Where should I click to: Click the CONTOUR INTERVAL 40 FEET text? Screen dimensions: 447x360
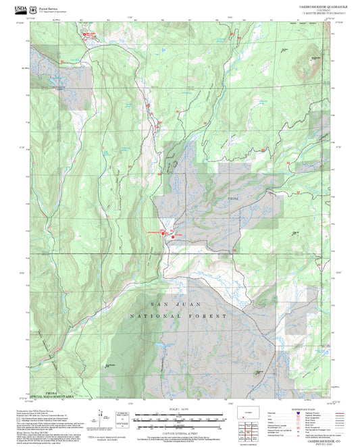tap(179, 431)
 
